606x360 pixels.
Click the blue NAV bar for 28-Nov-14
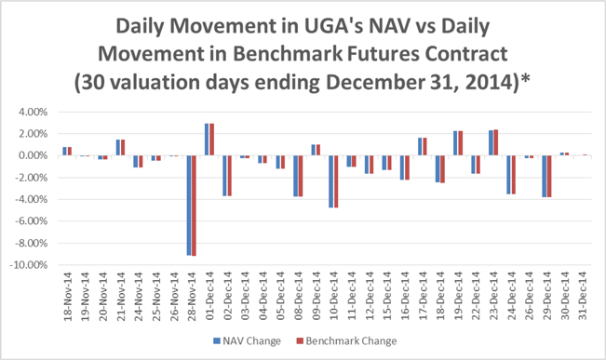coord(189,206)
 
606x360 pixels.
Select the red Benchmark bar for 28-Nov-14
coord(194,206)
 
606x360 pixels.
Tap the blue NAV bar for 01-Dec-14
coord(207,140)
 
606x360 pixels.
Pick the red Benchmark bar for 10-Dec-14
coord(336,181)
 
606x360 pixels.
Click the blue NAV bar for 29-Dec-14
coord(545,177)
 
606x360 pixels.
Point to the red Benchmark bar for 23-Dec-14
coord(496,142)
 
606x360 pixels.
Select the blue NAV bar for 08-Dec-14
coord(296,176)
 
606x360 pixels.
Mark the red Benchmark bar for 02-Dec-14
coord(229,176)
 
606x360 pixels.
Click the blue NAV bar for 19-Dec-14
coord(455,143)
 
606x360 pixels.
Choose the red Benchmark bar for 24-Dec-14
coord(514,175)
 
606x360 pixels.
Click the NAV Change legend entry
coord(247,341)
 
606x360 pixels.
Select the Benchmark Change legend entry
coord(346,341)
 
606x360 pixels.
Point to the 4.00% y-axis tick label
coord(33,112)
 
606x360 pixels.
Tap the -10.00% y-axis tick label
coord(31,265)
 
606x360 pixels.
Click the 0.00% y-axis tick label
coord(33,155)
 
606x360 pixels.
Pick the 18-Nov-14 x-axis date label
coord(67,296)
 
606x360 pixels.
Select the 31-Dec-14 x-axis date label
coord(583,296)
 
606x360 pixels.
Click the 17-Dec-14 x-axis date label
coord(423,296)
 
